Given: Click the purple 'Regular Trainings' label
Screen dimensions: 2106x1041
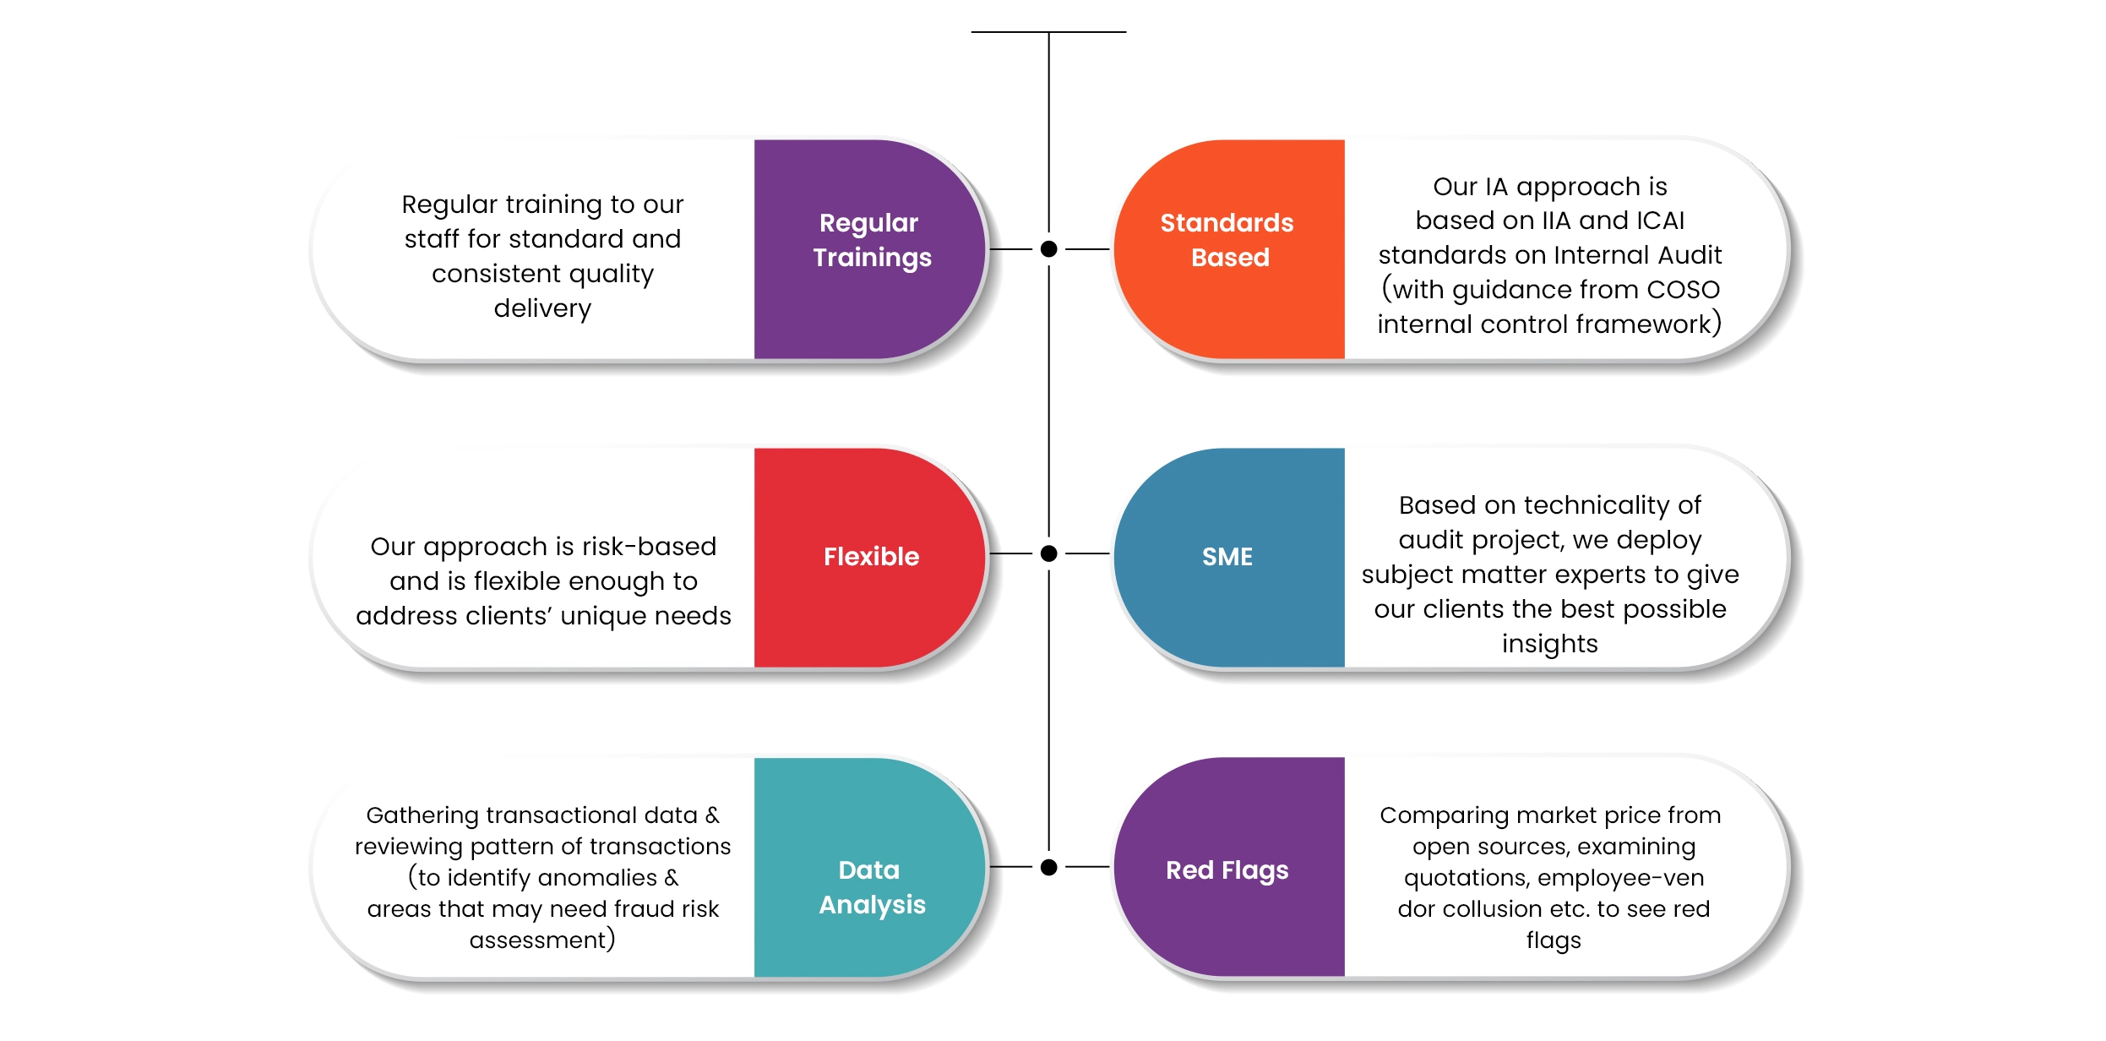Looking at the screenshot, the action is coord(872,240).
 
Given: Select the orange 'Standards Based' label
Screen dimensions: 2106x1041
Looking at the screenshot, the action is coord(1227,240).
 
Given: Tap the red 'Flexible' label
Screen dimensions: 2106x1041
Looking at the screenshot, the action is coord(871,557).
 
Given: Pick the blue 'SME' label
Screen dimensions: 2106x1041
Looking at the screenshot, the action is coord(1227,557).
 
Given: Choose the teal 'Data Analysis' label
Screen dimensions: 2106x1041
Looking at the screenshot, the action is coord(872,887).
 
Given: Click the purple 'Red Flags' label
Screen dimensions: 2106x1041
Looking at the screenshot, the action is coord(1227,870).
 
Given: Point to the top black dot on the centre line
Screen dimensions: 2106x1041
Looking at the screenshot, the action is coord(1049,249).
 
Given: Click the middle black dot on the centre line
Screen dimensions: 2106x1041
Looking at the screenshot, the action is coord(1049,553).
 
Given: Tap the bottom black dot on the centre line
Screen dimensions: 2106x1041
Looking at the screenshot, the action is coord(1049,867).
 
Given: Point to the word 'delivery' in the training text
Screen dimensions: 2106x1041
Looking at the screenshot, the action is coord(542,308).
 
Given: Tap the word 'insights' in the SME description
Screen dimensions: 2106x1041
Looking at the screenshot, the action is coord(1550,644).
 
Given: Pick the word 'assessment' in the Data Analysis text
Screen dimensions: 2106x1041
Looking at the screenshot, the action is coord(538,940).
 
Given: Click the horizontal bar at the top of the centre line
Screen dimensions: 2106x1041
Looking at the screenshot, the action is coord(1048,32).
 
